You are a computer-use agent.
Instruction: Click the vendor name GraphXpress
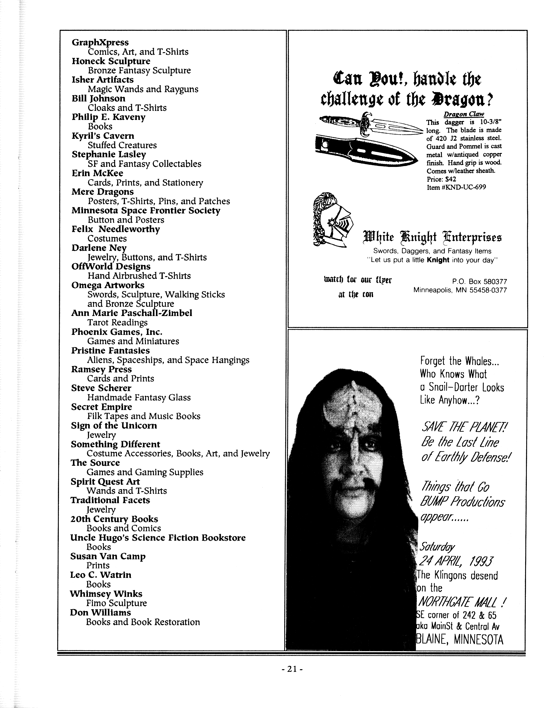[x=100, y=42]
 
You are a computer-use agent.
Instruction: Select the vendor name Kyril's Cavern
[x=103, y=136]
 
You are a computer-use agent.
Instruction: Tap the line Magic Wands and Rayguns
[x=143, y=89]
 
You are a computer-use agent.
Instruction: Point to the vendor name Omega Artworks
[x=108, y=285]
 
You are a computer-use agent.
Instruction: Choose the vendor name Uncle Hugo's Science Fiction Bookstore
[x=158, y=538]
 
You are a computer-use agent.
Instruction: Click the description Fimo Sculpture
[x=116, y=603]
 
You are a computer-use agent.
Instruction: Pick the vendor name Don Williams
[x=100, y=613]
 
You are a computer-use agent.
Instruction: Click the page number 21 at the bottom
[x=292, y=669]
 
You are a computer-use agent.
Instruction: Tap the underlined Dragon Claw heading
[x=464, y=114]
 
